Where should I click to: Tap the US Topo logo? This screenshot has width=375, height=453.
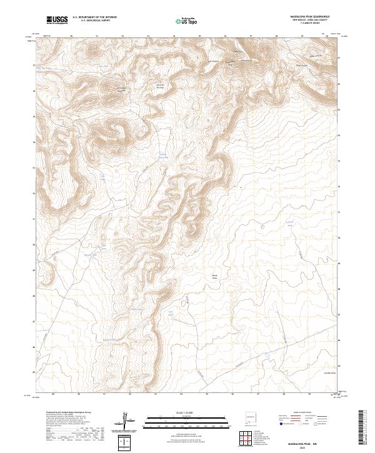(x=179, y=20)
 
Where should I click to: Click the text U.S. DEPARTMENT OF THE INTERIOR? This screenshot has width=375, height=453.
(x=94, y=17)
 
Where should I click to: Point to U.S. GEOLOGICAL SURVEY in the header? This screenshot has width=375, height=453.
(x=94, y=21)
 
